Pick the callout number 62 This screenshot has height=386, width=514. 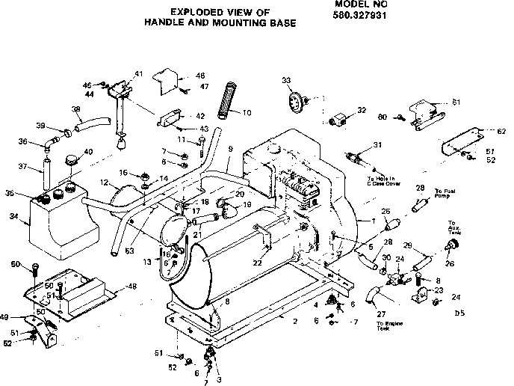pyautogui.click(x=491, y=131)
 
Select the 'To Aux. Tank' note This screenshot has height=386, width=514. pyautogui.click(x=453, y=229)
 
